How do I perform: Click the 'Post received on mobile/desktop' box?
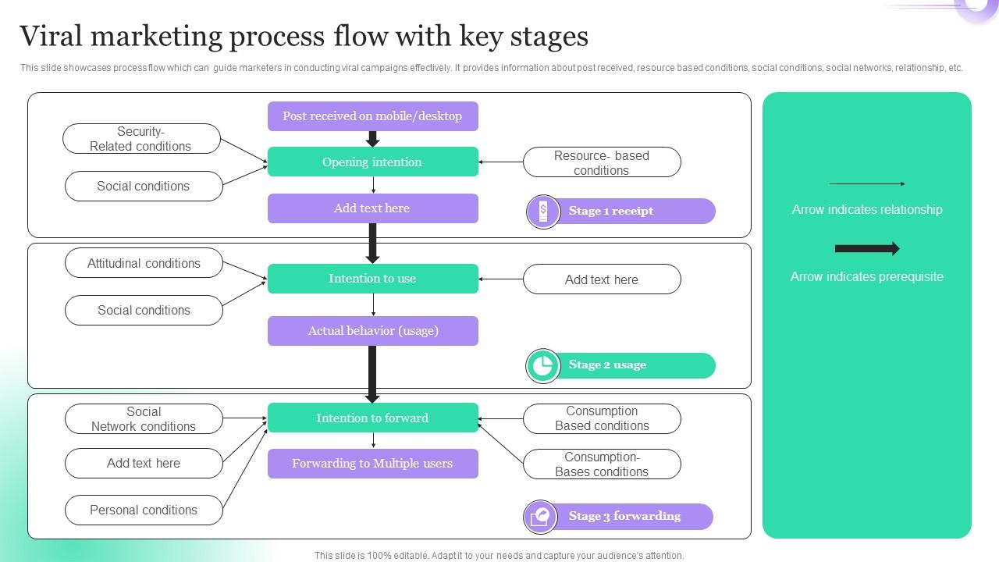coord(372,116)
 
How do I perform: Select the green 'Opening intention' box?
coord(372,162)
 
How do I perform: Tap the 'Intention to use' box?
coord(372,279)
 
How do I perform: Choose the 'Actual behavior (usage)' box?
coord(372,331)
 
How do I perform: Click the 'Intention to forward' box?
coord(372,418)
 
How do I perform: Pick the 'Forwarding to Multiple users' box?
coord(372,464)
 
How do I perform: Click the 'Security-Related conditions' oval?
coord(141,139)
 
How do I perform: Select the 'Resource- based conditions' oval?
coord(601,162)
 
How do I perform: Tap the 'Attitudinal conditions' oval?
coord(144,264)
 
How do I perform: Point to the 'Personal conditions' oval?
coord(144,510)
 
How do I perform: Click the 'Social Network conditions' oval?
coord(144,419)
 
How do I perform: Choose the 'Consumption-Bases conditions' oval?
coord(601,464)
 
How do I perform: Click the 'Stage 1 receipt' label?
coord(610,211)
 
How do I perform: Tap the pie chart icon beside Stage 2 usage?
coord(542,365)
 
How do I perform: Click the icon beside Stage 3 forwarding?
coord(541,517)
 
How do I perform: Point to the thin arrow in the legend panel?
coord(866,184)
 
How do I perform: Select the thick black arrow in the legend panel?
coord(866,249)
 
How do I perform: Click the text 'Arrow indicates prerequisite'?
coord(866,276)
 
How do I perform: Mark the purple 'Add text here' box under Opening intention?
coord(372,208)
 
